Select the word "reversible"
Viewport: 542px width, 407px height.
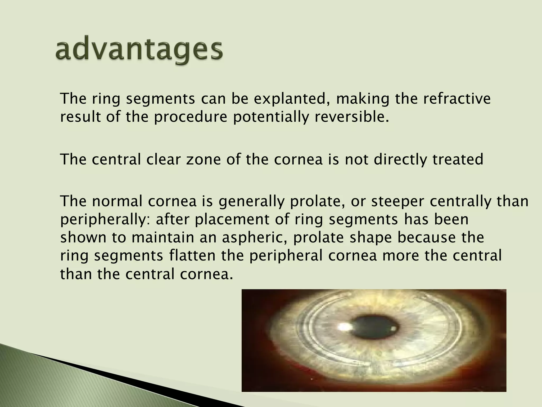tap(351, 117)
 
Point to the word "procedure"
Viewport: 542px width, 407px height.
tap(191, 117)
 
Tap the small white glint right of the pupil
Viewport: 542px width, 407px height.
tap(394, 329)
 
